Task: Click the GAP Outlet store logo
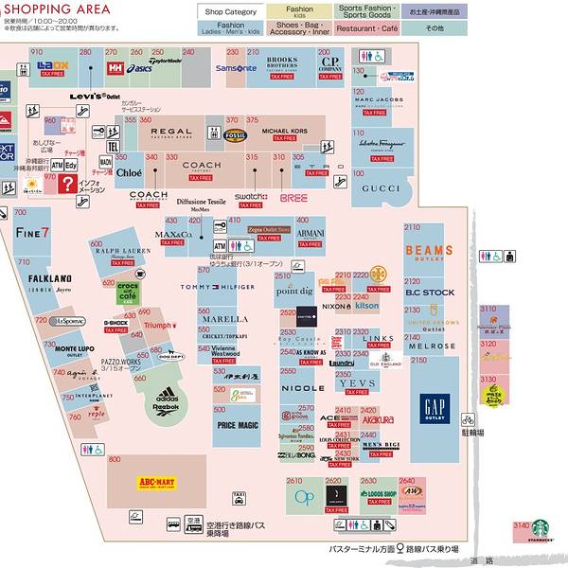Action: tap(435, 406)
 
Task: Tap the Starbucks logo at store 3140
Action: tap(540, 529)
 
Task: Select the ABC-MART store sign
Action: tap(156, 483)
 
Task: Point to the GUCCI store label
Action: tap(382, 188)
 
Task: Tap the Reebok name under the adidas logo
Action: tap(167, 409)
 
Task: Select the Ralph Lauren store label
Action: tap(123, 252)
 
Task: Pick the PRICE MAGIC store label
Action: tap(238, 426)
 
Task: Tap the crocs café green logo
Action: tap(129, 291)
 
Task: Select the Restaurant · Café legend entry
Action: tap(366, 28)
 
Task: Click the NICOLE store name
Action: tap(302, 388)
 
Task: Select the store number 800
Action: tap(115, 459)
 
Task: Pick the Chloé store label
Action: tap(130, 173)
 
